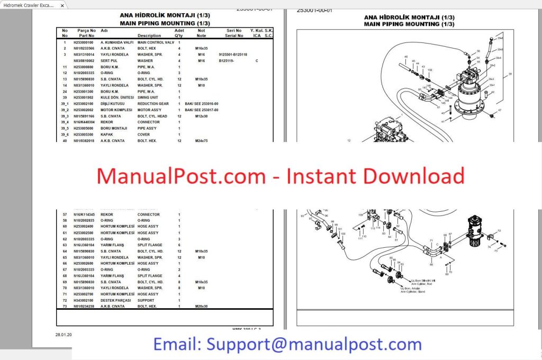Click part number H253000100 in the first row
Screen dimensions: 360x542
click(x=82, y=42)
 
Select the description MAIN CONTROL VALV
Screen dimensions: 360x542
click(x=156, y=42)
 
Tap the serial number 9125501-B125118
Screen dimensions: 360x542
click(x=232, y=55)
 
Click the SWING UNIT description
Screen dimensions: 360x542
click(x=149, y=97)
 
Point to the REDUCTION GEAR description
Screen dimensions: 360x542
click(x=153, y=104)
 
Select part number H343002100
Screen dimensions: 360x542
click(x=82, y=300)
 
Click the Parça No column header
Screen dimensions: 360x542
click(x=86, y=31)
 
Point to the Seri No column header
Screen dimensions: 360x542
click(x=233, y=31)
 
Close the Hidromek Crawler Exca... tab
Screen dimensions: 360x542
click(x=62, y=5)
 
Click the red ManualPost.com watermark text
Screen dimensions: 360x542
click(x=281, y=176)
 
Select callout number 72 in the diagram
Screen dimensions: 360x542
click(x=499, y=231)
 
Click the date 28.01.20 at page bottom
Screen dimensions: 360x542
click(x=63, y=335)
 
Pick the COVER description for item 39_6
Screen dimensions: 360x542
click(x=144, y=134)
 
